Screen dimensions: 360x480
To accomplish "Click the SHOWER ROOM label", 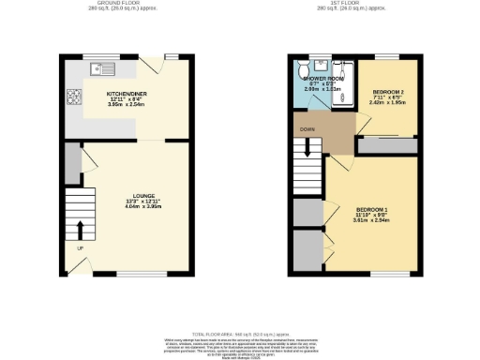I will click(x=324, y=77).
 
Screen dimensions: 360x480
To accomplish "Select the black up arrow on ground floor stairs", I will click(x=80, y=229).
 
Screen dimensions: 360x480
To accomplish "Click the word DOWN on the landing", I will click(x=307, y=128).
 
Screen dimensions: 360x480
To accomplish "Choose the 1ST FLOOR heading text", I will click(x=352, y=4).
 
